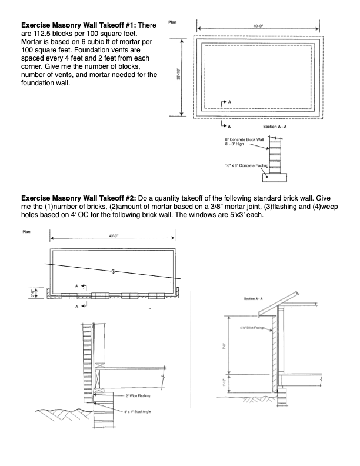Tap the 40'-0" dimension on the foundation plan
pyautogui.click(x=254, y=26)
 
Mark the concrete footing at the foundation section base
pyautogui.click(x=276, y=175)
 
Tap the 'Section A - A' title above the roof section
pyautogui.click(x=256, y=299)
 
